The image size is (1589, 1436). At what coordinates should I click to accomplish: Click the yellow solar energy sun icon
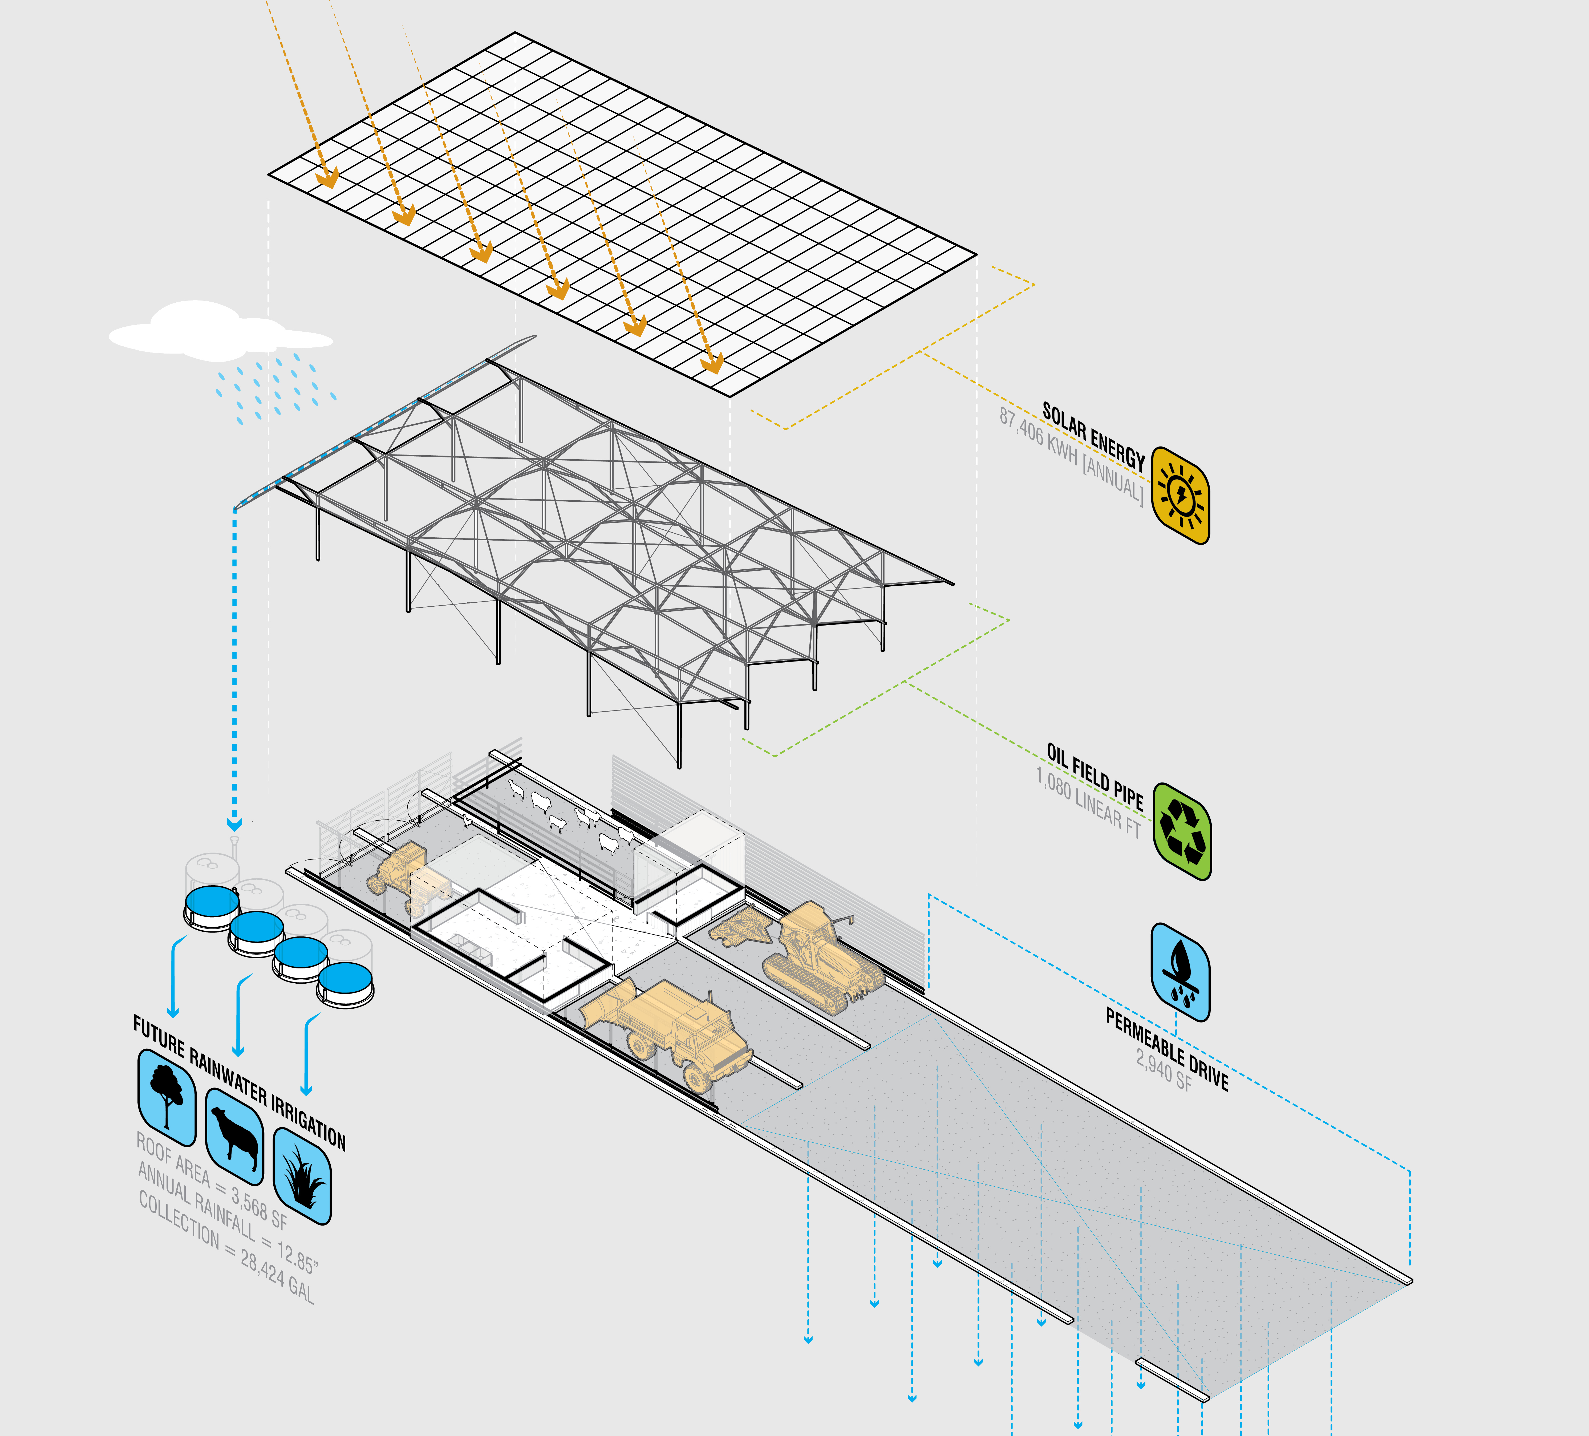pyautogui.click(x=1180, y=495)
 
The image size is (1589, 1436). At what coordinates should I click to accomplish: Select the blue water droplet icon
pyautogui.click(x=1180, y=972)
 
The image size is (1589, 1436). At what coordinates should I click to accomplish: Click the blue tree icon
pyautogui.click(x=166, y=1097)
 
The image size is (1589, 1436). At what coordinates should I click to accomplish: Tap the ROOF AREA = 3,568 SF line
pyautogui.click(x=211, y=1180)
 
